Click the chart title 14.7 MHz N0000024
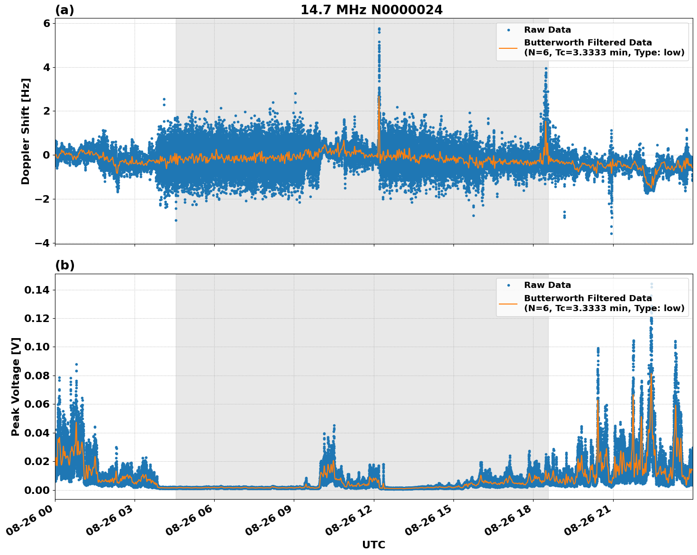[371, 10]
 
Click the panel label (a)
[64, 10]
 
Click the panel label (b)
[64, 265]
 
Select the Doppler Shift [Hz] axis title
[26, 131]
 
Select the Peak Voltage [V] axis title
[16, 386]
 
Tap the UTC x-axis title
[373, 545]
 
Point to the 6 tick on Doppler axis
[46, 24]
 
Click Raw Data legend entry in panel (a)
[547, 30]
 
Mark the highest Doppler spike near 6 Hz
[379, 28]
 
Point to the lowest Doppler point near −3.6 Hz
[611, 233]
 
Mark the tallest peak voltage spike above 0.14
[652, 284]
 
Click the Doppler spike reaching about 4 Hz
[546, 69]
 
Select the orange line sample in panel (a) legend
[508, 47]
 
